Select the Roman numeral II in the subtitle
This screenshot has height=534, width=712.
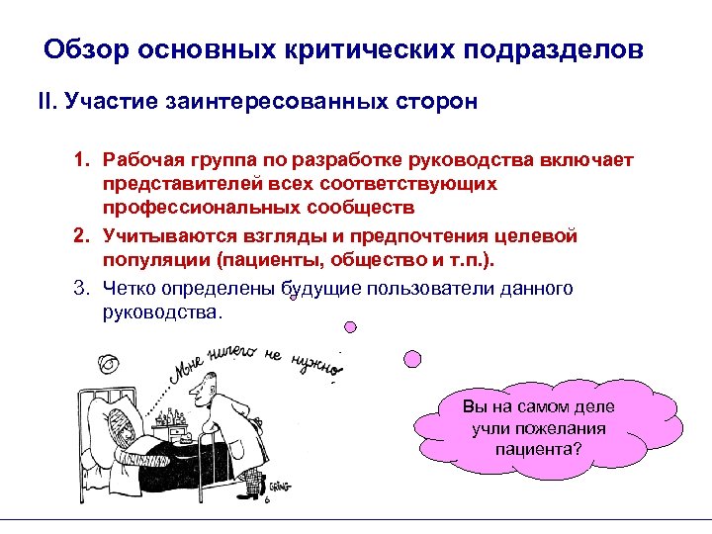(46, 103)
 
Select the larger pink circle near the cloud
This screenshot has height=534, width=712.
(414, 356)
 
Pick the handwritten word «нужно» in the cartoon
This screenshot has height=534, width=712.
(316, 366)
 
